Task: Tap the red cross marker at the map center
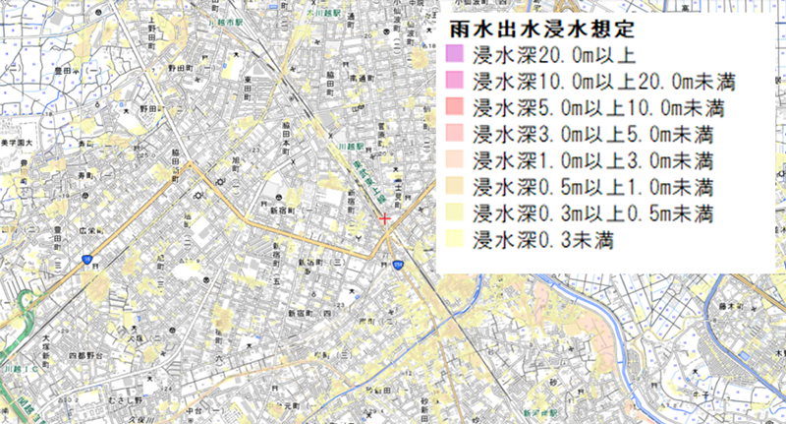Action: (385, 217)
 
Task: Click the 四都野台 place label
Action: (85, 351)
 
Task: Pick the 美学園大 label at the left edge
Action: (17, 145)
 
